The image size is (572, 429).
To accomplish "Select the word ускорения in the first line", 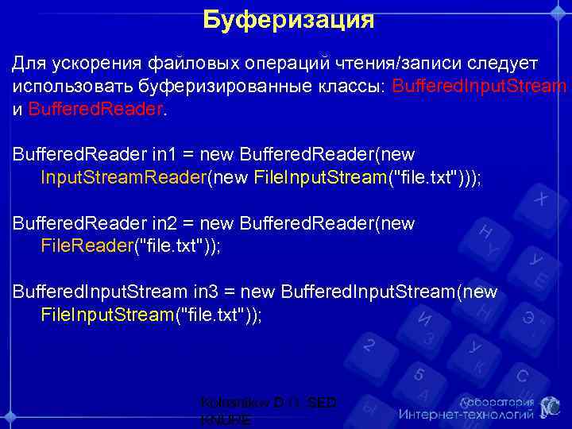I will click(x=95, y=63).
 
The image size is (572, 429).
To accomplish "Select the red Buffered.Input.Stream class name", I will click(x=480, y=86).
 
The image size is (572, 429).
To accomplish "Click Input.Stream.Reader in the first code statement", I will click(x=123, y=177).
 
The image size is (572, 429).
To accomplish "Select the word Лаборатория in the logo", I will click(x=493, y=401).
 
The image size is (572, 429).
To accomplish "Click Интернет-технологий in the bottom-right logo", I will click(x=467, y=415).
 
